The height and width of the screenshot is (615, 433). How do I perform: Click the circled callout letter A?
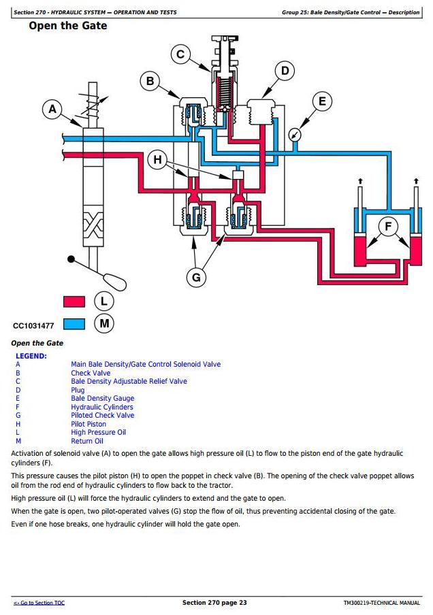click(52, 110)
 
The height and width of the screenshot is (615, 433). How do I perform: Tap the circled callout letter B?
click(150, 82)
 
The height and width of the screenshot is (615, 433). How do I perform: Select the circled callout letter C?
click(180, 55)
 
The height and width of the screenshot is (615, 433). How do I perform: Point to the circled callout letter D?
click(285, 71)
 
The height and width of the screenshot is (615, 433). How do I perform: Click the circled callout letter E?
click(322, 102)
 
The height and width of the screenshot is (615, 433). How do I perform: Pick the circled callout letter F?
click(388, 227)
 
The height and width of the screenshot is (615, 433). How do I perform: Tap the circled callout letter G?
click(197, 276)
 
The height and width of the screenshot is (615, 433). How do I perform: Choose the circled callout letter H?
click(159, 160)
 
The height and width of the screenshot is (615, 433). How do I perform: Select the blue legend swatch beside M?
click(74, 324)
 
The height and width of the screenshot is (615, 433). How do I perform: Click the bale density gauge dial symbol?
click(294, 134)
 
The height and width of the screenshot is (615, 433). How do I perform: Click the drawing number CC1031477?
click(33, 326)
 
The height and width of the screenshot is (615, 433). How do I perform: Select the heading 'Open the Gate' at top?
click(67, 27)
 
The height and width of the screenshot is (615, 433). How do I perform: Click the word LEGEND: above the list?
click(31, 356)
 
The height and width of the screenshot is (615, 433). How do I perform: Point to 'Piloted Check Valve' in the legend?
click(102, 416)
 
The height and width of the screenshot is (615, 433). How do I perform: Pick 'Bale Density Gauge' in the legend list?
click(102, 399)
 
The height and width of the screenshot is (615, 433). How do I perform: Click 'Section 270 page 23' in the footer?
click(214, 603)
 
